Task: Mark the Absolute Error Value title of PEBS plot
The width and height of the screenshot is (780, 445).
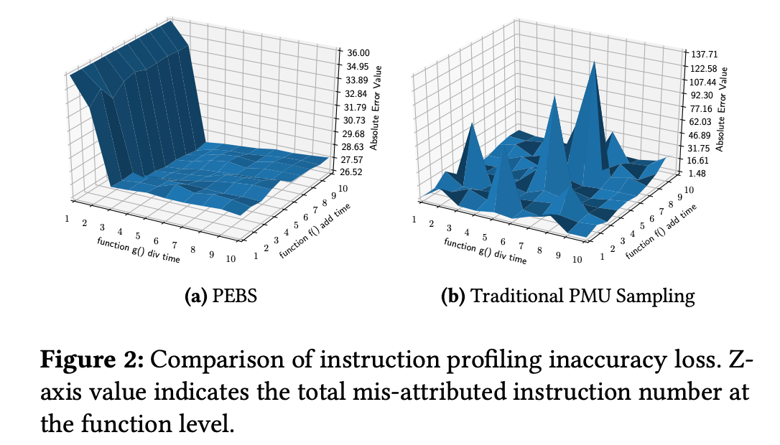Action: [377, 108]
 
